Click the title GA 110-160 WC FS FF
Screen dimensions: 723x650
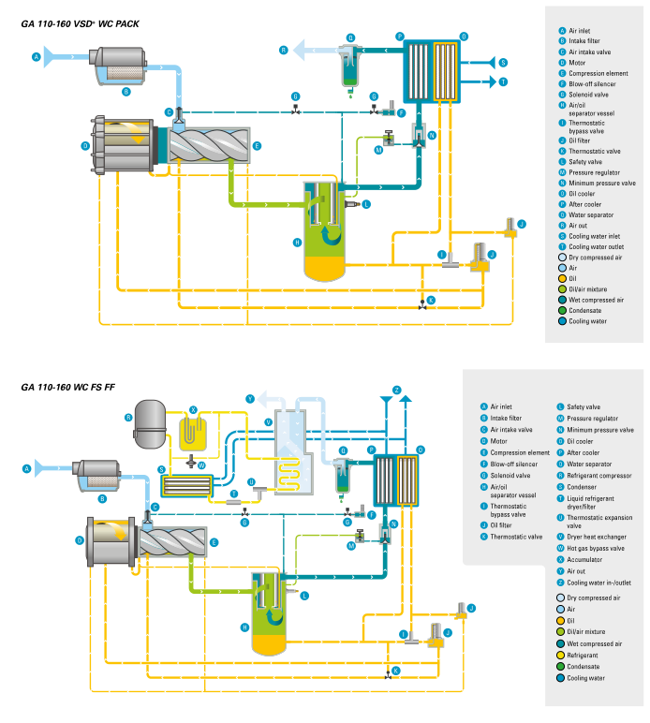coord(70,387)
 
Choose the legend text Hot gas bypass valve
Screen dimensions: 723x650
coord(598,548)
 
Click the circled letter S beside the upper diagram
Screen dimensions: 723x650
coord(503,63)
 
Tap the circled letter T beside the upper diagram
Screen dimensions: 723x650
coord(503,81)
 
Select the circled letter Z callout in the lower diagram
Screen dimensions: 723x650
coord(396,390)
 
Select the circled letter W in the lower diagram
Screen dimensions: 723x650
coord(200,465)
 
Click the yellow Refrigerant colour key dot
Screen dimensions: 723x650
coord(562,656)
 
